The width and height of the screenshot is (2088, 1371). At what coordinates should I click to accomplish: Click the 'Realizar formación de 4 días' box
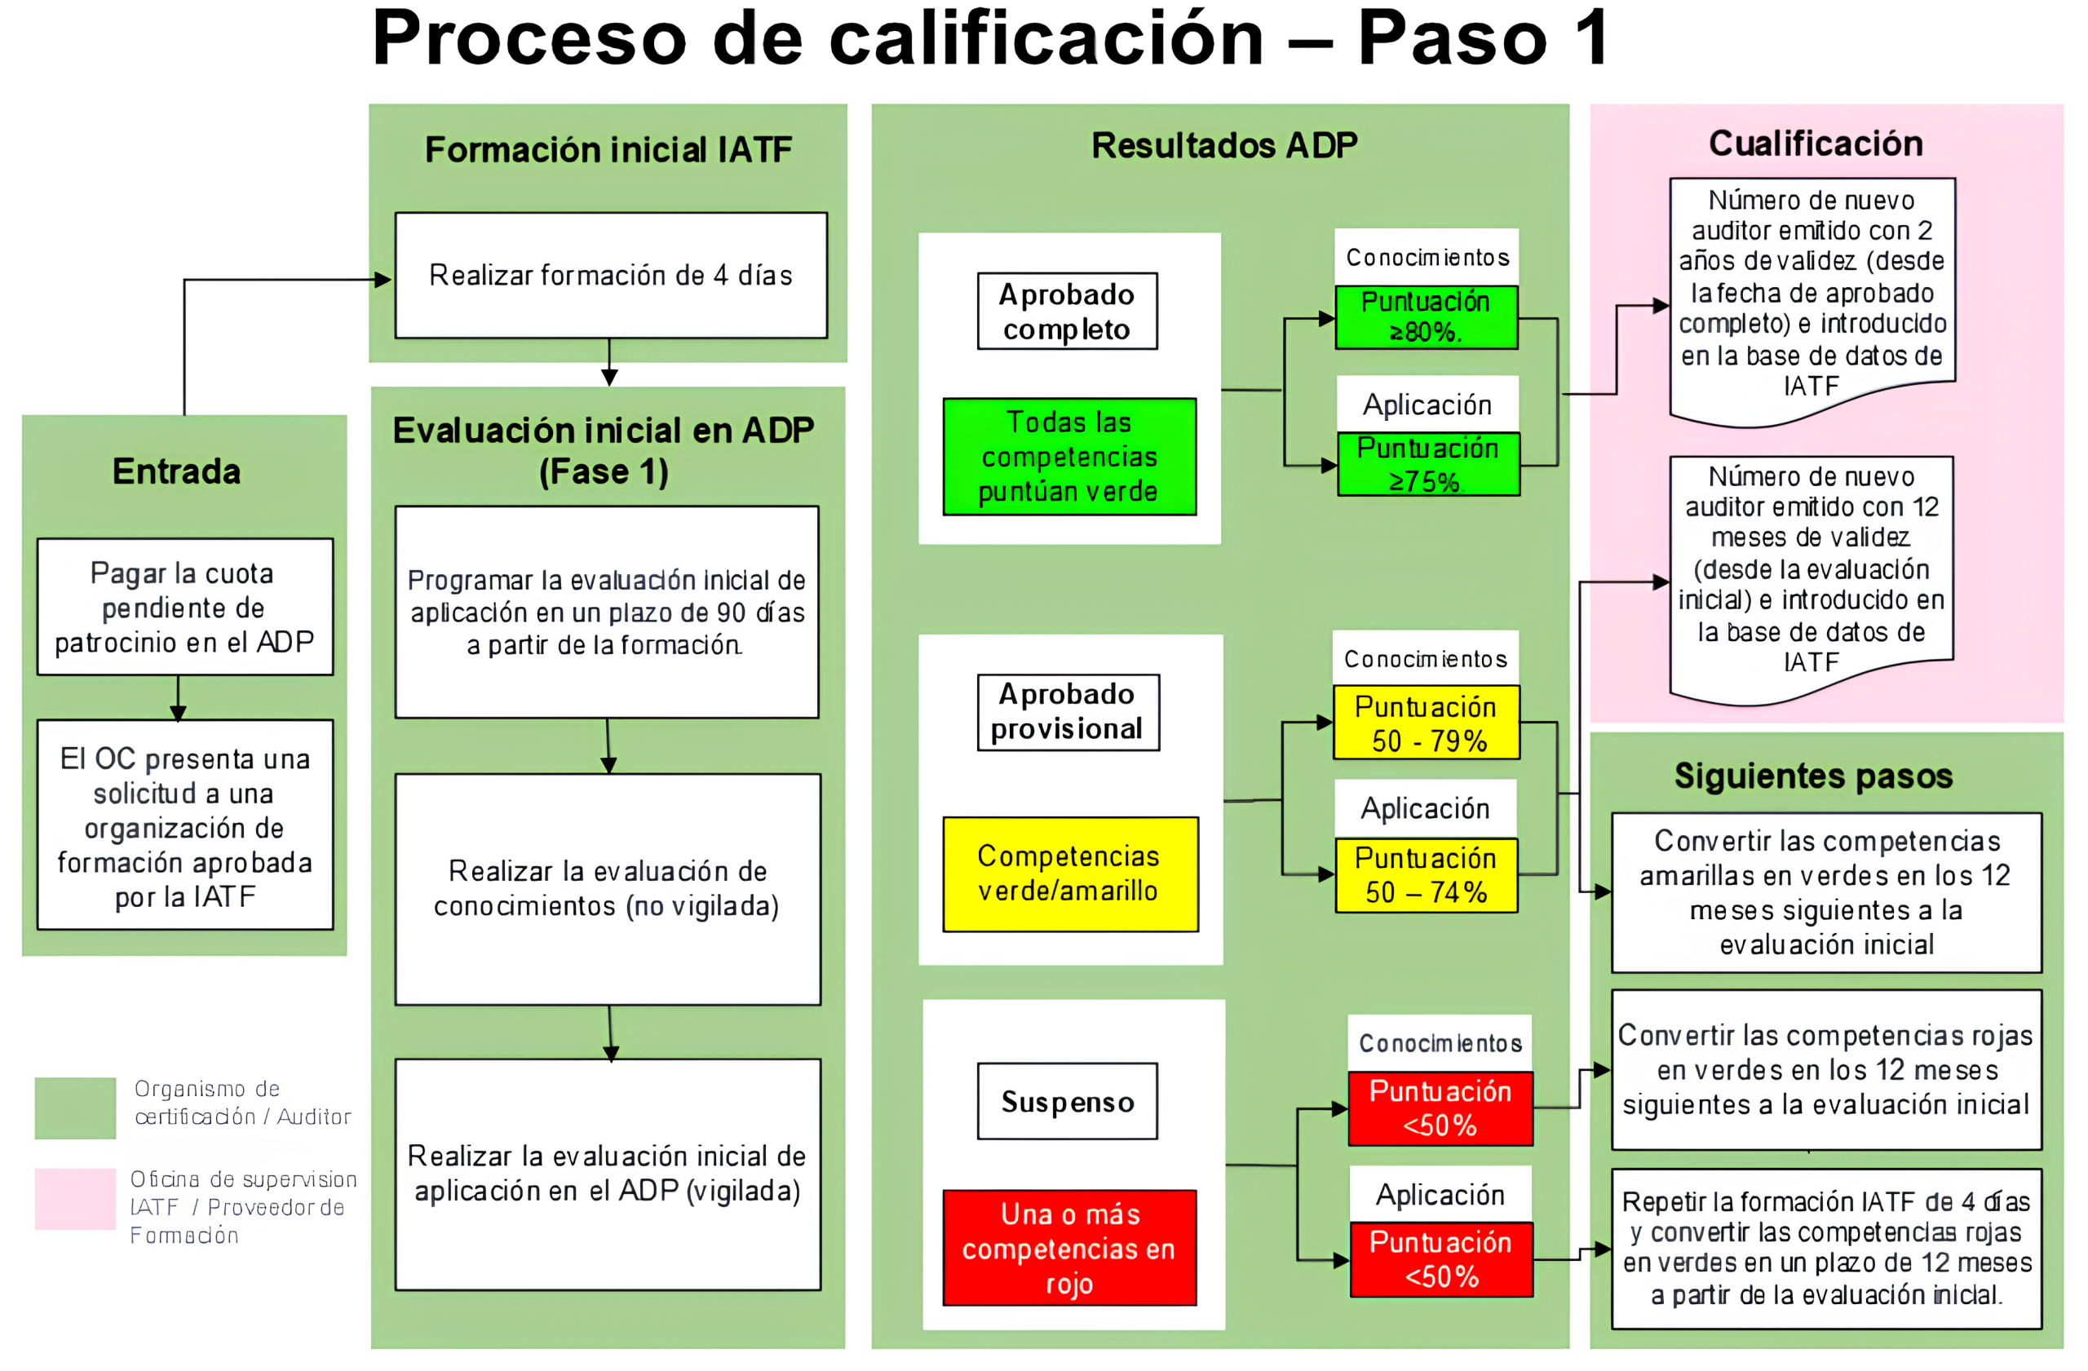tap(611, 276)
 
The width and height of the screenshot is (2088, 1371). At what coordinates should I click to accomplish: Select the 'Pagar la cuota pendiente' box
tap(184, 607)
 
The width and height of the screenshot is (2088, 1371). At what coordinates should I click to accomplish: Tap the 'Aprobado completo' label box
tap(1067, 312)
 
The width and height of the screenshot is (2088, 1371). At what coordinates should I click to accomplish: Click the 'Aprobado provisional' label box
tap(1068, 711)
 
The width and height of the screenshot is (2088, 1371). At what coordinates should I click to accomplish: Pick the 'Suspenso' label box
tap(1067, 1101)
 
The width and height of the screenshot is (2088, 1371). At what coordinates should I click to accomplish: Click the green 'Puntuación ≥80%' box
tap(1426, 317)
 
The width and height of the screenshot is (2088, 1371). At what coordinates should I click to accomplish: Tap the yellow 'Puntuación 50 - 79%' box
tap(1426, 723)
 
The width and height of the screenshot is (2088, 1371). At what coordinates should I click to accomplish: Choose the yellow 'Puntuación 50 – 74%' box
tap(1426, 874)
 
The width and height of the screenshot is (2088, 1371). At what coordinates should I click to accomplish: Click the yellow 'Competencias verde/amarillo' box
tap(1069, 873)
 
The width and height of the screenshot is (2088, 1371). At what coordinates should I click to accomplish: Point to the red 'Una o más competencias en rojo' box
tap(1068, 1247)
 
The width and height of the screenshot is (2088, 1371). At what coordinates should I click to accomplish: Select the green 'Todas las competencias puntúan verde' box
tap(1068, 456)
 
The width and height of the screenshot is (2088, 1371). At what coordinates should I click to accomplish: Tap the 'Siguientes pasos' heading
tap(1813, 776)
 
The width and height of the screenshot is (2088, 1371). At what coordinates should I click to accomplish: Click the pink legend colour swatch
tap(76, 1198)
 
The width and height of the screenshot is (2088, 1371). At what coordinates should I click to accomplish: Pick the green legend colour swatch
tap(76, 1107)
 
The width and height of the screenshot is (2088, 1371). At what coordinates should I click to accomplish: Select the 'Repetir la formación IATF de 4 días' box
tap(1825, 1247)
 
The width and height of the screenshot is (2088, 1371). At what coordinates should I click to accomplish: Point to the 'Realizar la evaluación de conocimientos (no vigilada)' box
tap(607, 888)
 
